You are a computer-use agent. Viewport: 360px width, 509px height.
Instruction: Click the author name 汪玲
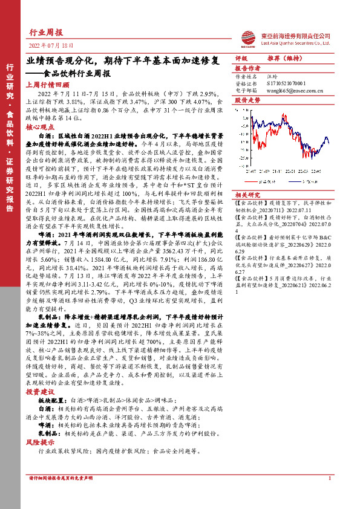[x=272, y=77]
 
